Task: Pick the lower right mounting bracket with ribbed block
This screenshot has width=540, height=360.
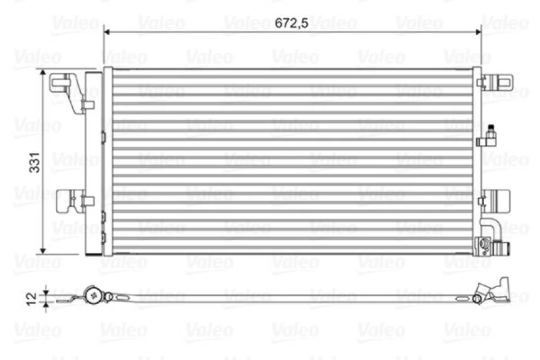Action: [x=498, y=201]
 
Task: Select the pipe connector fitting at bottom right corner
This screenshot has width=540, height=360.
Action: [x=495, y=246]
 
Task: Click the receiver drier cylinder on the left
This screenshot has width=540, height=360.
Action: [x=93, y=163]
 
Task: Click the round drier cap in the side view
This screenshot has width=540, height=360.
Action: [x=94, y=294]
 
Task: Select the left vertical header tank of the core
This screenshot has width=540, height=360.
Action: [x=108, y=161]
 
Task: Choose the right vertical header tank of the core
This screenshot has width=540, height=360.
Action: [x=476, y=161]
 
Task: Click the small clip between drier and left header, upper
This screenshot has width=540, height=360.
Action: [x=103, y=135]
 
